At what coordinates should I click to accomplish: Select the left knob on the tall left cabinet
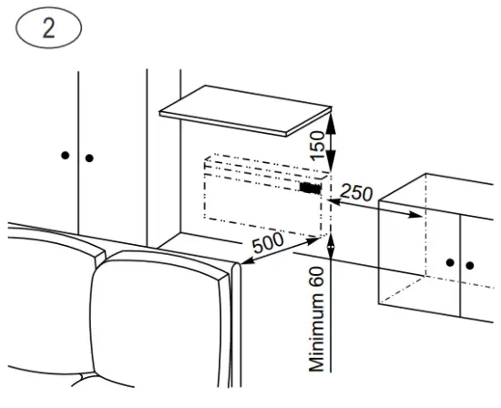coord(65,156)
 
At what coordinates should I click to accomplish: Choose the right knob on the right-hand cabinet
coord(470,265)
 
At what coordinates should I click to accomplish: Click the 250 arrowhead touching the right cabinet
coord(417,216)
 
